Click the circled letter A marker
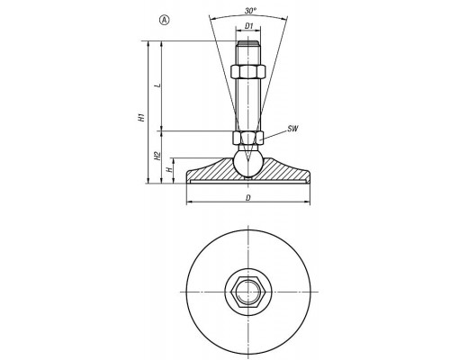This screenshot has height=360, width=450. pos(165,20)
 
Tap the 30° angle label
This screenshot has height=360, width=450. pos(250,11)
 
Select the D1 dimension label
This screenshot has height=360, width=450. pos(248,26)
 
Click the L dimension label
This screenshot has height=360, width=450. pos(158,85)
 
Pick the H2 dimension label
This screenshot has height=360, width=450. pos(157,156)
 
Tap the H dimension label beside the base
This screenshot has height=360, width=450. pos(170,170)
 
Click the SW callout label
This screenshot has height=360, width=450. pos(292,129)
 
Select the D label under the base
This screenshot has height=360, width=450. pos(248,198)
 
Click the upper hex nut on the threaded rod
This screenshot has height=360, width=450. pos(247,71)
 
